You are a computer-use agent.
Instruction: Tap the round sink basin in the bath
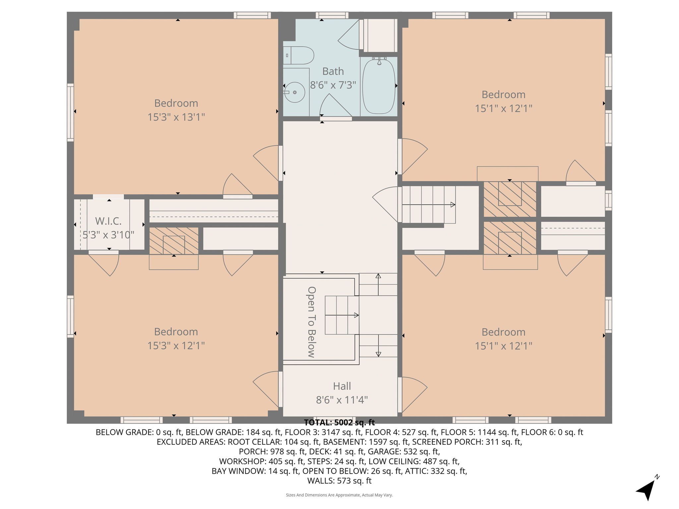coord(295,92)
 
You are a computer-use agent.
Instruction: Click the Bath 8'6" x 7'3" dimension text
coord(333,85)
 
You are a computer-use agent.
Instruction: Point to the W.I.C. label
coord(108,221)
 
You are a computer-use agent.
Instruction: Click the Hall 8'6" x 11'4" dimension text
coord(342,400)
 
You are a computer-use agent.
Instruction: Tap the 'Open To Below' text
coord(311,322)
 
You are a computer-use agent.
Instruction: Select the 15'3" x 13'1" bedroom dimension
coord(176,117)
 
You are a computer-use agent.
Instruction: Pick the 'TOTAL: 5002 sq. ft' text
coord(339,423)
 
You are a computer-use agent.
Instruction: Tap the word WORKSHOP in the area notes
coord(242,461)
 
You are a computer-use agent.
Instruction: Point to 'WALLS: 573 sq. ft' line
coord(339,481)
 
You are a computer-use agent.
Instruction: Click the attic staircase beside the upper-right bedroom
coord(428,204)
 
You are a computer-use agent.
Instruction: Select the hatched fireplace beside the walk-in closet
coord(173,241)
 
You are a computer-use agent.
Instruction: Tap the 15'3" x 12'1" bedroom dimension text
coord(176,346)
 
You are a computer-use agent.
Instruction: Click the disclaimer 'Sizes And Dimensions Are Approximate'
coord(339,495)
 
